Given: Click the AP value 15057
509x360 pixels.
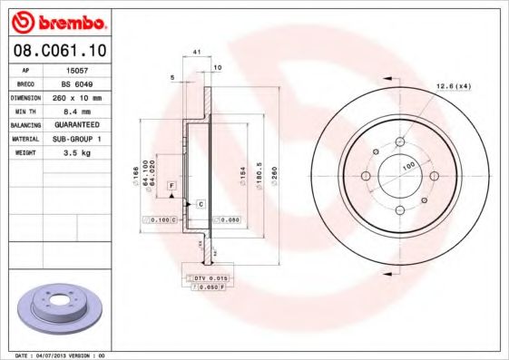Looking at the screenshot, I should pyautogui.click(x=77, y=69).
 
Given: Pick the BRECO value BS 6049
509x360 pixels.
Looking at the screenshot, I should pyautogui.click(x=79, y=83).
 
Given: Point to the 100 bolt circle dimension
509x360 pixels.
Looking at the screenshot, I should pyautogui.click(x=408, y=166).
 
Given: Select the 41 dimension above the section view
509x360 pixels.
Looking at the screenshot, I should pyautogui.click(x=197, y=54).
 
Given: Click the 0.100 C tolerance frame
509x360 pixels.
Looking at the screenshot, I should pyautogui.click(x=161, y=220).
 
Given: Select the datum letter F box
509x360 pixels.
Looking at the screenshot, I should pyautogui.click(x=170, y=185).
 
